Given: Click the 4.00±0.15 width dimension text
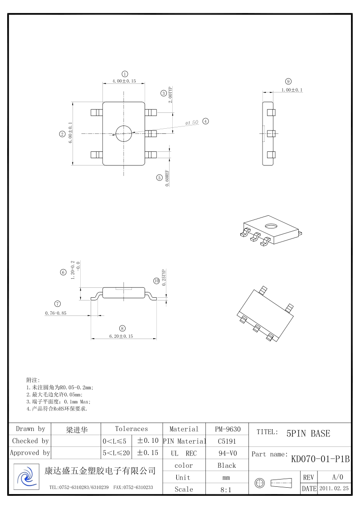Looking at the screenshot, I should pyautogui.click(x=124, y=81).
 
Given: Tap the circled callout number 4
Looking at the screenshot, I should pyautogui.click(x=205, y=121).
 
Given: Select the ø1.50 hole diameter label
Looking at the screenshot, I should pyautogui.click(x=192, y=123).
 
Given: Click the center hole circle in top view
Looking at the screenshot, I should pyautogui.click(x=123, y=133).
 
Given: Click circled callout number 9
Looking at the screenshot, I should pyautogui.click(x=288, y=82).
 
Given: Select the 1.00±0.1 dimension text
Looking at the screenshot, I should pyautogui.click(x=292, y=90).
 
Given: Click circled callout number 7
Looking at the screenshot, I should pyautogui.click(x=58, y=304).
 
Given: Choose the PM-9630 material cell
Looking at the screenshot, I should pyautogui.click(x=227, y=429).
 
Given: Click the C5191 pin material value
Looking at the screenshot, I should pyautogui.click(x=227, y=441).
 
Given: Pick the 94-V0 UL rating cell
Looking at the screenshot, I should pyautogui.click(x=227, y=453).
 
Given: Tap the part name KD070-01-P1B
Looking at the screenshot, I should pyautogui.click(x=320, y=459).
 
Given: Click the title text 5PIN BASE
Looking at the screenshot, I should pyautogui.click(x=308, y=433).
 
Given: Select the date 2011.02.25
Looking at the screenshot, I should pyautogui.click(x=334, y=489).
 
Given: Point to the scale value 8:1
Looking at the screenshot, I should pyautogui.click(x=227, y=490).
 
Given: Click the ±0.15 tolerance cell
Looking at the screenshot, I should pyautogui.click(x=147, y=453).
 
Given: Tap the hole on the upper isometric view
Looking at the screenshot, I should pyautogui.click(x=272, y=226).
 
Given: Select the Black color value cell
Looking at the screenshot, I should pyautogui.click(x=227, y=465).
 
